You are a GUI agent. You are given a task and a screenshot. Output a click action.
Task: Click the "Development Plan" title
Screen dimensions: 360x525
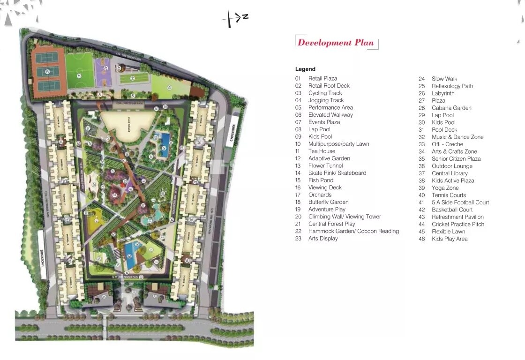pyautogui.click(x=336, y=43)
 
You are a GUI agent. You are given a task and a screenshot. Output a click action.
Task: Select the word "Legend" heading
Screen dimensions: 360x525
pyautogui.click(x=305, y=69)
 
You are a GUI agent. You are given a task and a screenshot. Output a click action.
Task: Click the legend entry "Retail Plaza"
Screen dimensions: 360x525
pyautogui.click(x=322, y=78)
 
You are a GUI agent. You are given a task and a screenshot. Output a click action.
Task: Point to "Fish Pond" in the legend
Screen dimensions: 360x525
pyautogui.click(x=321, y=180)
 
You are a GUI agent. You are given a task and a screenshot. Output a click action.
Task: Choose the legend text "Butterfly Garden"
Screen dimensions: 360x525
pyautogui.click(x=328, y=202)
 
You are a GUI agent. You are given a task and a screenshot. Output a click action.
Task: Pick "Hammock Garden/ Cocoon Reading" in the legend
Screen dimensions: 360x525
pyautogui.click(x=353, y=231)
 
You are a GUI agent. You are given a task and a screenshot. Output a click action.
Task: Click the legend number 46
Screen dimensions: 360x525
pyautogui.click(x=422, y=239)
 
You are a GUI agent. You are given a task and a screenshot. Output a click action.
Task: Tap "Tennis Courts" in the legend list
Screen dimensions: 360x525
pyautogui.click(x=449, y=195)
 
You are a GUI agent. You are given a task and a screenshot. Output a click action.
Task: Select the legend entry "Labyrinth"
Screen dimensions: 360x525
pyautogui.click(x=443, y=93)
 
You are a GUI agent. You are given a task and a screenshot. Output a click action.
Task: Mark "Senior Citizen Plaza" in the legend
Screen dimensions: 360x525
pyautogui.click(x=456, y=158)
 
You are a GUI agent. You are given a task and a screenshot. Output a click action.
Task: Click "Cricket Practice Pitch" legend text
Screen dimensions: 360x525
pyautogui.click(x=458, y=224)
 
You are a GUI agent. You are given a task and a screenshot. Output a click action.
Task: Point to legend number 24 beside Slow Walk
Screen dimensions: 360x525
pyautogui.click(x=422, y=79)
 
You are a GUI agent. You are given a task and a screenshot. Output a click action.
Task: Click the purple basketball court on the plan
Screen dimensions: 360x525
pyautogui.click(x=102, y=73)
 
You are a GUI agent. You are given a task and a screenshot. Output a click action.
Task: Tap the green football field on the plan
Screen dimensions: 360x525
pyautogui.click(x=79, y=71)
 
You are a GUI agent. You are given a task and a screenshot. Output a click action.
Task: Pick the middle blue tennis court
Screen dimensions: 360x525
pyautogui.click(x=48, y=72)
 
